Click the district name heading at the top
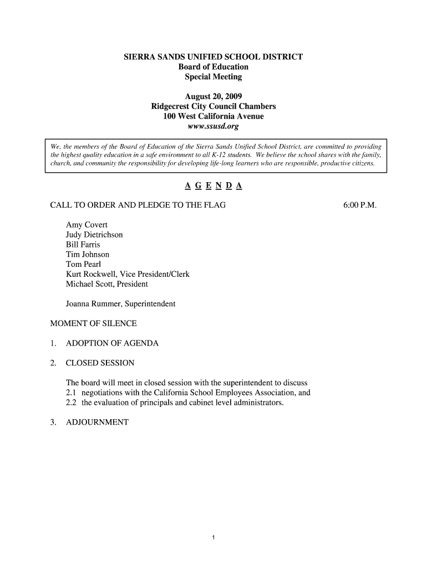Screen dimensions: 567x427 (x=213, y=57)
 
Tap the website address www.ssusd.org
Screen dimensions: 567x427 (x=213, y=126)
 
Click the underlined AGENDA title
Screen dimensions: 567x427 (x=213, y=186)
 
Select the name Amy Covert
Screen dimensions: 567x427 (x=87, y=225)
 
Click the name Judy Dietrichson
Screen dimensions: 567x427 (x=94, y=235)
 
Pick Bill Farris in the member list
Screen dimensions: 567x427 (x=83, y=245)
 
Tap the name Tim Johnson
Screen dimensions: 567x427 (x=88, y=255)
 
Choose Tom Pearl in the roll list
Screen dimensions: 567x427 (x=83, y=265)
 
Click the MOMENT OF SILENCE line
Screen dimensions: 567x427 (x=93, y=323)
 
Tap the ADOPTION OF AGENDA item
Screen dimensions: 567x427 (x=112, y=343)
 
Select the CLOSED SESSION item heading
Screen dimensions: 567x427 (x=100, y=363)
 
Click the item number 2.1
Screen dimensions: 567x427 (x=72, y=393)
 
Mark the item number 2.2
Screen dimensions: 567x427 (x=72, y=403)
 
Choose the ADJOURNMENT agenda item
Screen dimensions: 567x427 (x=97, y=422)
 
